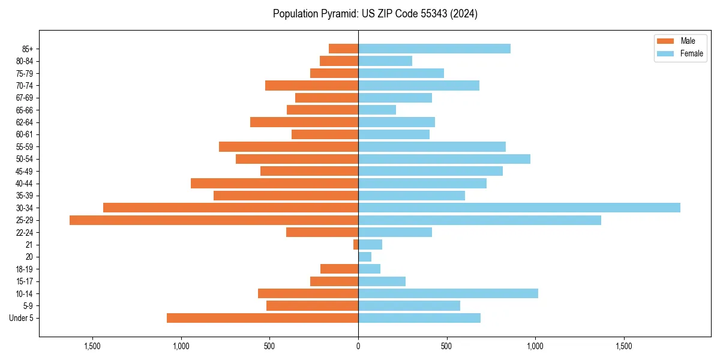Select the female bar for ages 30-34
(x=519, y=208)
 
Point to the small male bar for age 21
(x=356, y=245)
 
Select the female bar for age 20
(x=365, y=257)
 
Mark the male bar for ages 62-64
(x=304, y=122)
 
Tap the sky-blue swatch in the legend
(x=665, y=53)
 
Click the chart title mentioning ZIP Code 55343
(x=375, y=14)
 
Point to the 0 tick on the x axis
(x=358, y=346)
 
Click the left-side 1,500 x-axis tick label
(x=92, y=346)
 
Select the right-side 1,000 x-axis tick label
(x=535, y=346)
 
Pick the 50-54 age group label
(x=25, y=159)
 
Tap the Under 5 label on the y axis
(x=21, y=318)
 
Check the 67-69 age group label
(x=25, y=98)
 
